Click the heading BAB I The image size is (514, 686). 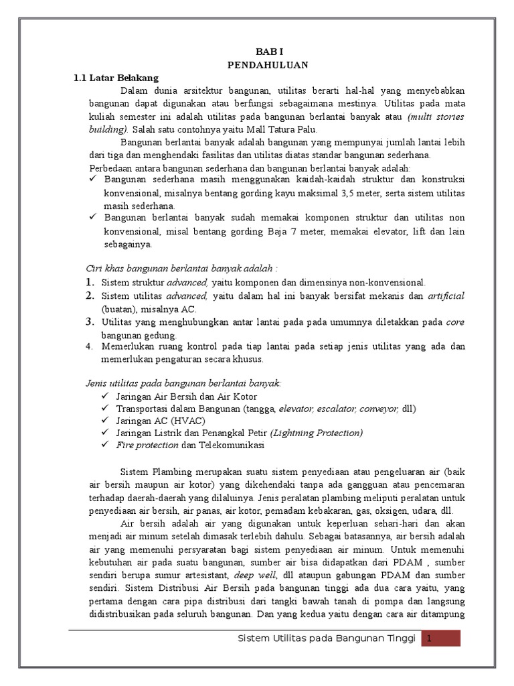click(266, 52)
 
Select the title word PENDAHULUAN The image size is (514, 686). click(266, 65)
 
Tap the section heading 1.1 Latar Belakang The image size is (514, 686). click(116, 78)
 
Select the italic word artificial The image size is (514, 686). click(446, 295)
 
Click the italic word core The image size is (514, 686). click(456, 322)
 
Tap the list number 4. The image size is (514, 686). click(89, 346)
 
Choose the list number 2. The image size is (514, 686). click(89, 295)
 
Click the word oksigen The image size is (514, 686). click(385, 511)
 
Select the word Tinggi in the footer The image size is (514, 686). click(399, 638)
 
